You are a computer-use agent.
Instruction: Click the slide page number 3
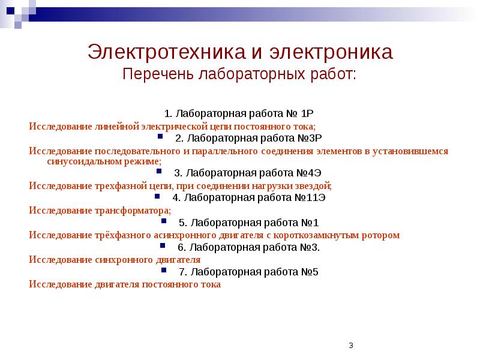point(350,345)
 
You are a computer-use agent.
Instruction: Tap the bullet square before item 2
point(168,137)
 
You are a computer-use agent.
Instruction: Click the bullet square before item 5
point(172,222)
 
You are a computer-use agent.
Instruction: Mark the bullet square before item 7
point(172,271)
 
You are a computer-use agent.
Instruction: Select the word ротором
point(381,235)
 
